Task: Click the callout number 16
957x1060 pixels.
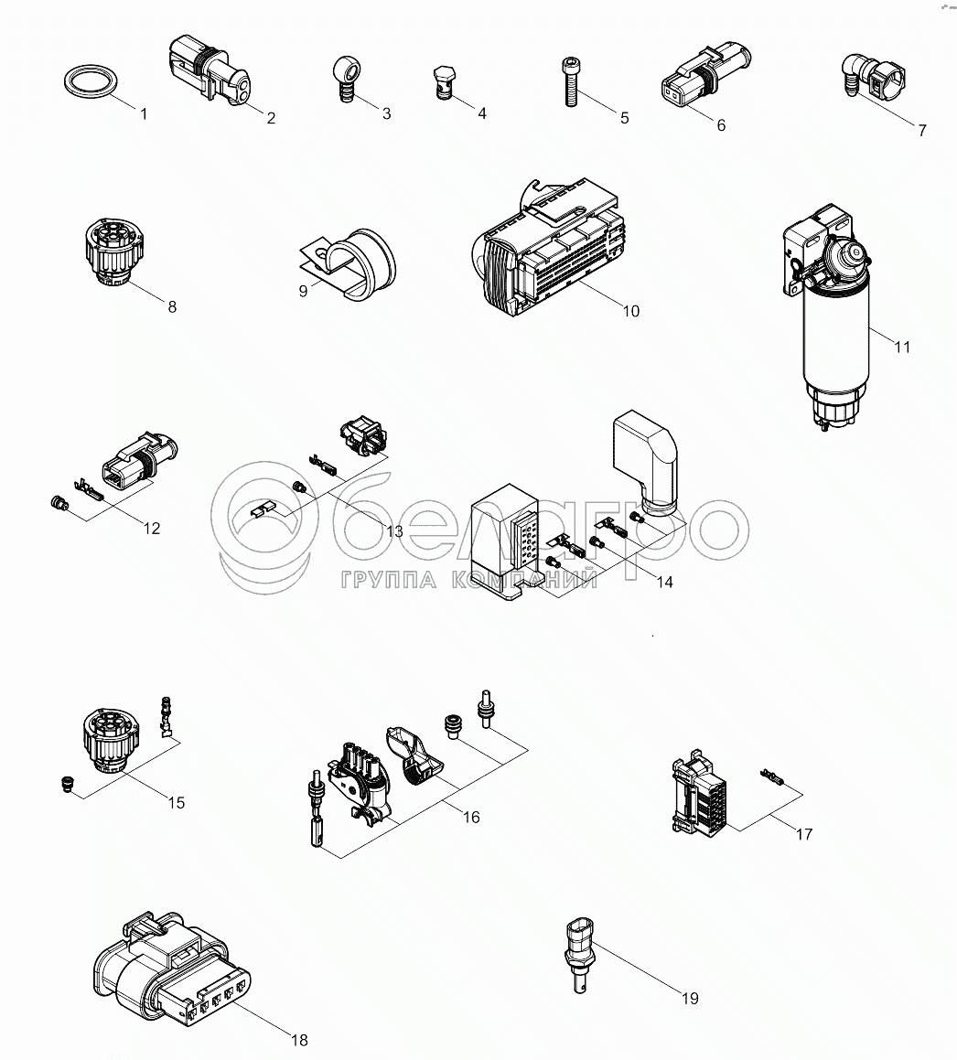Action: (x=470, y=818)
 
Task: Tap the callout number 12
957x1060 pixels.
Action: (x=152, y=529)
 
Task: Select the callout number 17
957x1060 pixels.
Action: (x=803, y=834)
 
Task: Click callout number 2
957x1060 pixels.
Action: (x=271, y=118)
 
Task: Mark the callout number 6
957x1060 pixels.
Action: (x=721, y=125)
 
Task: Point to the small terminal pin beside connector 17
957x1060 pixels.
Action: (x=773, y=776)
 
